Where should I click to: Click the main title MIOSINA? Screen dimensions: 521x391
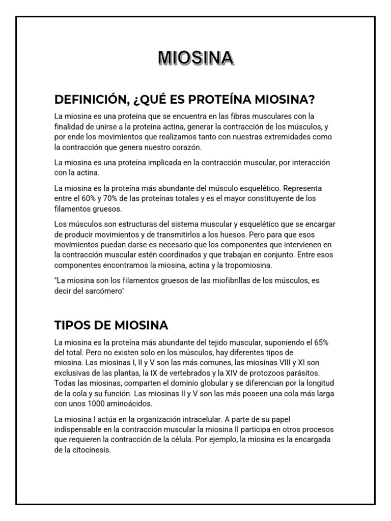[196, 57]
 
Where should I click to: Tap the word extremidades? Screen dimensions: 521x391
[297, 137]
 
